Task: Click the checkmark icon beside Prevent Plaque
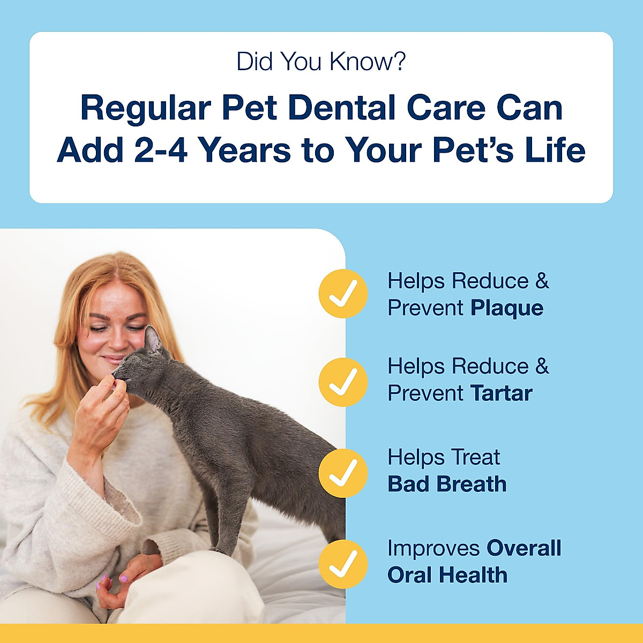[x=343, y=294]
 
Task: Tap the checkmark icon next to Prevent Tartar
[x=343, y=382]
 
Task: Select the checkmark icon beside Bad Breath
[x=343, y=473]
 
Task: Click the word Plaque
[x=507, y=309]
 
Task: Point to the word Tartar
[x=502, y=394]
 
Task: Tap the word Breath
[x=472, y=484]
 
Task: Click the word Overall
[x=524, y=548]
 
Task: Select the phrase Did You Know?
[x=321, y=62]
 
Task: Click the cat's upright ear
[x=153, y=339]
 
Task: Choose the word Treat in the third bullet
[x=475, y=458]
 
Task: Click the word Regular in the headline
[x=145, y=108]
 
